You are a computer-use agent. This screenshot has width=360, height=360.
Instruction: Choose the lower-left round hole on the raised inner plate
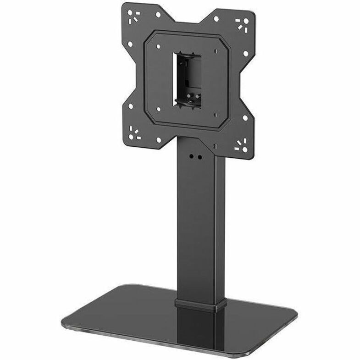[158, 109]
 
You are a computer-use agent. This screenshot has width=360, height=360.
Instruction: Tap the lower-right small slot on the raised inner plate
[216, 115]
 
